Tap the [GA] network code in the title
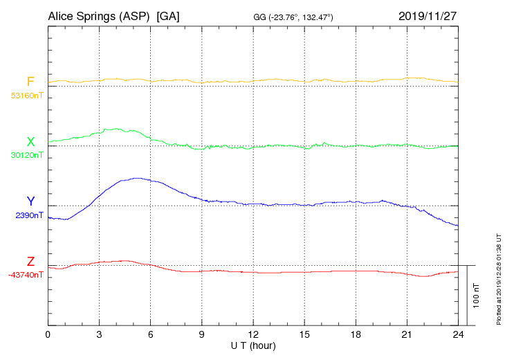point(168,16)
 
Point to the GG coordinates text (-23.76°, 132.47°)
point(293,17)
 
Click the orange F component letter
point(30,82)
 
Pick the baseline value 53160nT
point(26,95)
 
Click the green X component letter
point(30,142)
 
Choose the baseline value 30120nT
point(26,155)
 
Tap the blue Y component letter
point(30,201)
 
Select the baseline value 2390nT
point(29,215)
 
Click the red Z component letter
point(30,262)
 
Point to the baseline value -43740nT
point(26,275)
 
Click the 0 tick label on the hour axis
point(48,335)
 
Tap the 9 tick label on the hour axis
point(202,335)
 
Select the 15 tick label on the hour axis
point(304,335)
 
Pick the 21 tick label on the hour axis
point(407,335)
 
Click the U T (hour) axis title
point(253,345)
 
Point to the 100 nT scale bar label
point(477,295)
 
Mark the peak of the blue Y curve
point(137,178)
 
